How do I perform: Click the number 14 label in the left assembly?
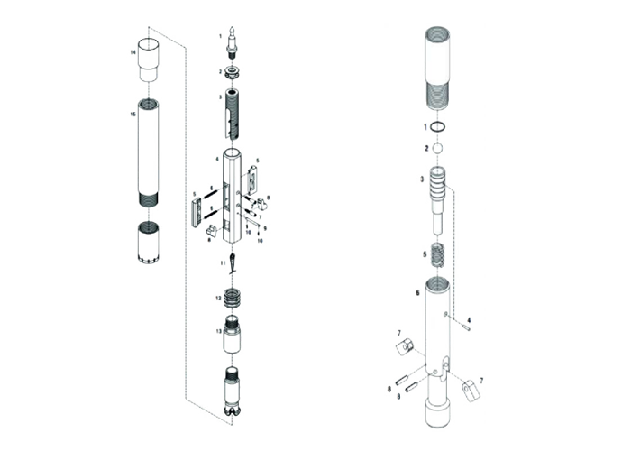[x=133, y=53]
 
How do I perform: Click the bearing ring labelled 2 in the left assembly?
[x=232, y=71]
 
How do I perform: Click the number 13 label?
[x=219, y=331]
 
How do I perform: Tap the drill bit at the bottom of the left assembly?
[x=232, y=391]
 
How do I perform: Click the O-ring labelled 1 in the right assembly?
[x=438, y=126]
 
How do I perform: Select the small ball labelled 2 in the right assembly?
[x=438, y=148]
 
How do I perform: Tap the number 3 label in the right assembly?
[x=422, y=180]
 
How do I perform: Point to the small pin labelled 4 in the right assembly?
[x=463, y=327]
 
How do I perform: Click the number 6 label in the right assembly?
[x=417, y=291]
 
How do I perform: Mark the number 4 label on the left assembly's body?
[x=216, y=158]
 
